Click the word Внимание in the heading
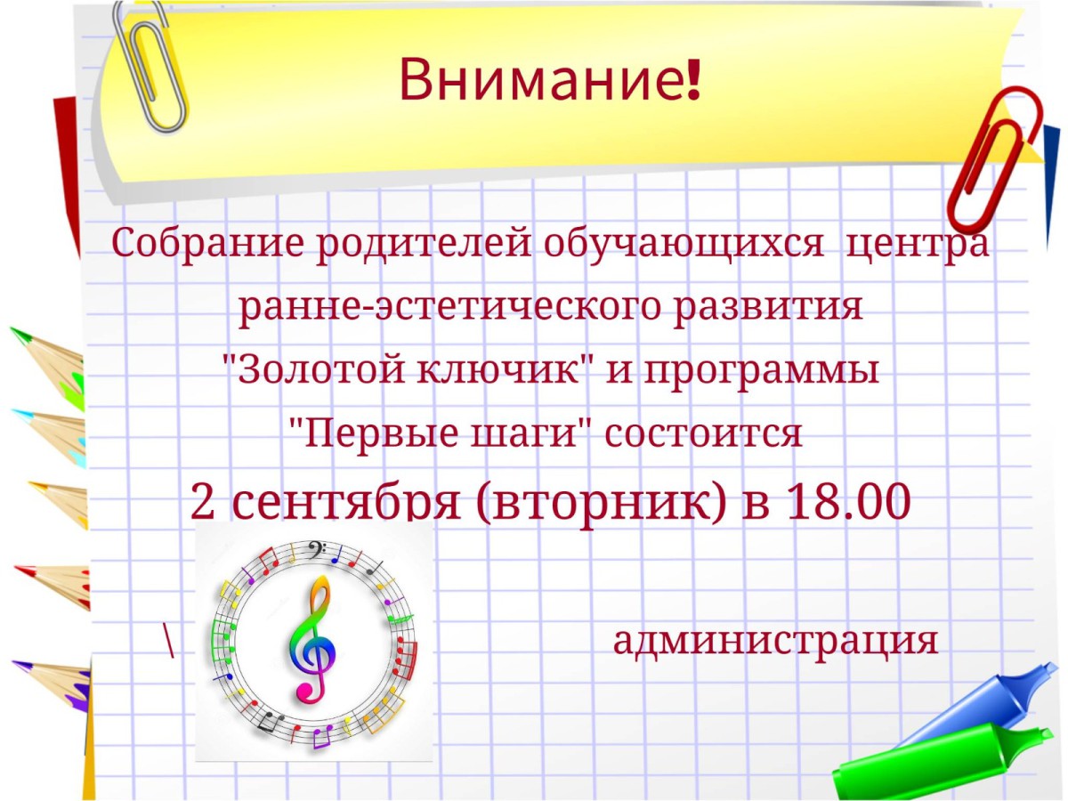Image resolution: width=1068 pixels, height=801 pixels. click(540, 79)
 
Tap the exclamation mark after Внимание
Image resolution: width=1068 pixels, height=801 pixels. click(692, 79)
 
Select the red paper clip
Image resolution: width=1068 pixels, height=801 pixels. click(991, 160)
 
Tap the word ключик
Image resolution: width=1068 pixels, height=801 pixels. click(505, 369)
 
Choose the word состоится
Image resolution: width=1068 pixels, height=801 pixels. click(703, 433)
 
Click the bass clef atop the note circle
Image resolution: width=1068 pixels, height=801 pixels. click(315, 550)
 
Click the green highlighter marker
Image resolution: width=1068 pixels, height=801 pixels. click(939, 764)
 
